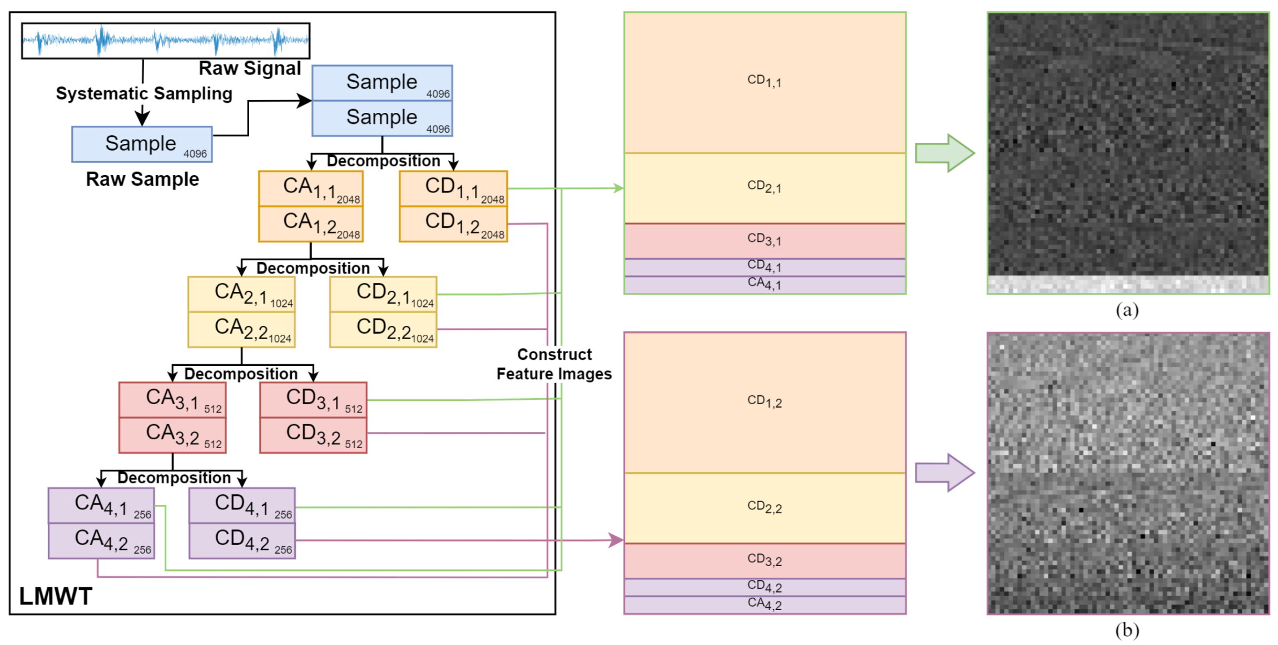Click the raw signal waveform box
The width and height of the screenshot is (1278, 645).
(166, 41)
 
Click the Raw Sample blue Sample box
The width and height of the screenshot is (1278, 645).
(142, 145)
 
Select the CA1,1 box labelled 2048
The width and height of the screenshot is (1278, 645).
(311, 188)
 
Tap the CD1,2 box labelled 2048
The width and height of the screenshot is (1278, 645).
(453, 224)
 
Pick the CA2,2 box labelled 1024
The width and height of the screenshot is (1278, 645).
(241, 330)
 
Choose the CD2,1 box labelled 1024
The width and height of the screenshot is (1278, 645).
(383, 294)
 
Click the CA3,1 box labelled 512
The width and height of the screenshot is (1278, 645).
(172, 400)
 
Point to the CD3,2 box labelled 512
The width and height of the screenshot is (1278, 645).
(313, 435)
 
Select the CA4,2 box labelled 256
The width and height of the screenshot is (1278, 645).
(101, 541)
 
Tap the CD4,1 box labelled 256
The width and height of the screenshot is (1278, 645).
(242, 505)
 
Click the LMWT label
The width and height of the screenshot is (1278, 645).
(56, 597)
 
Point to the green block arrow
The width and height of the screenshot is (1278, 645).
(945, 153)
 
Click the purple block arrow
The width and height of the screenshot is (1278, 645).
(945, 473)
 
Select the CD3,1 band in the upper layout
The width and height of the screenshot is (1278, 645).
(765, 241)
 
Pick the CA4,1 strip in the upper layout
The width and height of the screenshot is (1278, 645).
(765, 285)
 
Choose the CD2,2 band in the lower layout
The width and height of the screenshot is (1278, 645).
(765, 508)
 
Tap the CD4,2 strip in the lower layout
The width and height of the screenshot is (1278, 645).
(765, 587)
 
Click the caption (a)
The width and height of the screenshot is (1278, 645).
(1127, 310)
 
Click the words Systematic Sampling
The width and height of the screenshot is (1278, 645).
(144, 93)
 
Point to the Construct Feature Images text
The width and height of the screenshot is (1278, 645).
(554, 364)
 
